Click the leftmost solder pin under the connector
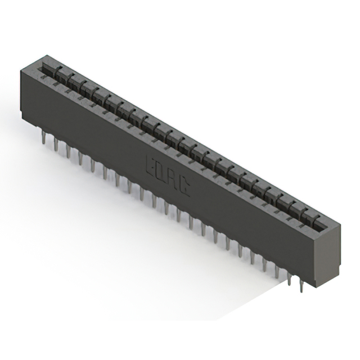[43, 138]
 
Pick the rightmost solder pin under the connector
[301, 286]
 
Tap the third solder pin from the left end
[68, 151]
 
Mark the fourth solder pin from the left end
[80, 157]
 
